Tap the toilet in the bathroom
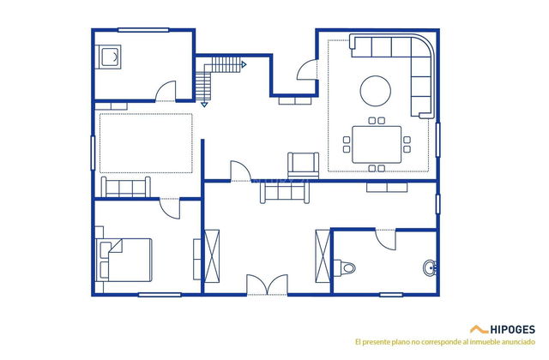(346, 267)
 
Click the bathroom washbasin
(430, 268)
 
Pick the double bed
(127, 259)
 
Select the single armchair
(303, 165)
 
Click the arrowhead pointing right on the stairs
(244, 64)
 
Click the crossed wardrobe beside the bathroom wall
(323, 255)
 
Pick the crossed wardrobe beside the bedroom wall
(212, 255)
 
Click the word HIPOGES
(514, 329)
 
